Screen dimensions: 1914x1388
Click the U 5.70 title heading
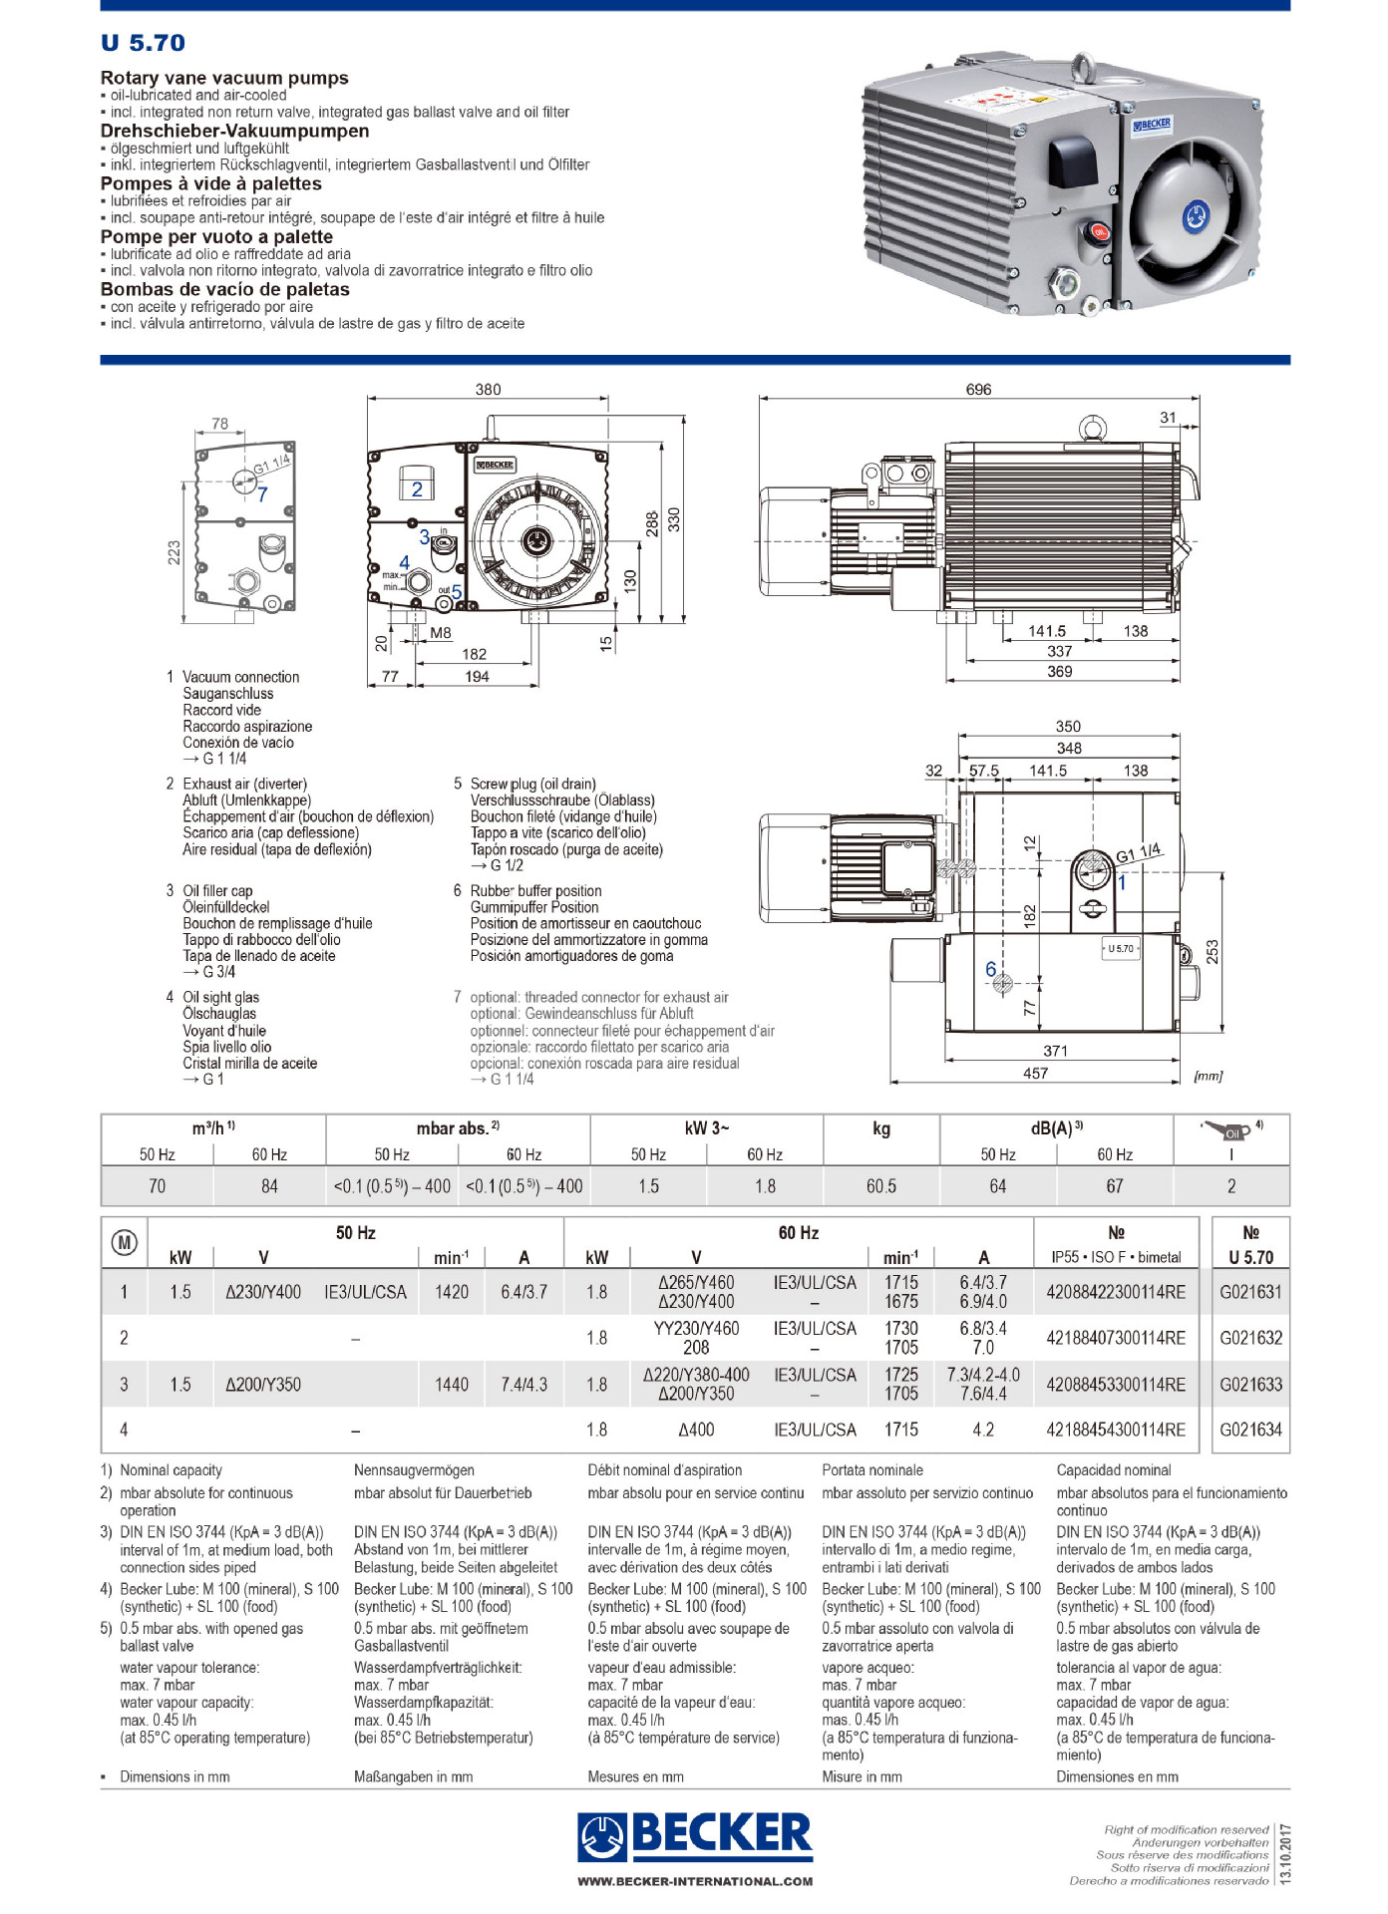pyautogui.click(x=143, y=43)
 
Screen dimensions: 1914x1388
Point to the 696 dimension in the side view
pyautogui.click(x=978, y=390)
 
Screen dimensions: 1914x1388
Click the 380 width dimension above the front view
pyautogui.click(x=488, y=390)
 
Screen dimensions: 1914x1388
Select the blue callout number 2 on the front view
pyautogui.click(x=417, y=488)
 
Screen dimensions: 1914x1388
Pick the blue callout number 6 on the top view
pyautogui.click(x=990, y=969)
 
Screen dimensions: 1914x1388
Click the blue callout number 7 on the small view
pyautogui.click(x=262, y=494)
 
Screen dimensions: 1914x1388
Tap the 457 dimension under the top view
pyautogui.click(x=1035, y=1074)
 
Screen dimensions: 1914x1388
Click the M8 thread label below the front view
pyautogui.click(x=441, y=633)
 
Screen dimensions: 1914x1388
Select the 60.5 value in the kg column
pyautogui.click(x=880, y=1186)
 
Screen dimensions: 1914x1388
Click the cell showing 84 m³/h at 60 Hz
pyautogui.click(x=269, y=1186)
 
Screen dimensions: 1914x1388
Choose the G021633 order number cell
pyautogui.click(x=1250, y=1384)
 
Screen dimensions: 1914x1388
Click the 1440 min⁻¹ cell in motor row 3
pyautogui.click(x=451, y=1384)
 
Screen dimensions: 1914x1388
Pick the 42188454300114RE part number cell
pyautogui.click(x=1116, y=1430)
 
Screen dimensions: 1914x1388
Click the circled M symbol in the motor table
pyautogui.click(x=125, y=1242)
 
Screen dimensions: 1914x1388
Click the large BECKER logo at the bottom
pyautogui.click(x=695, y=1834)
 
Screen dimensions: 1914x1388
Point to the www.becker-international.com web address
pyautogui.click(x=695, y=1881)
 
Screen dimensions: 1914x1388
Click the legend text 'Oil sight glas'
pyautogui.click(x=220, y=997)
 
